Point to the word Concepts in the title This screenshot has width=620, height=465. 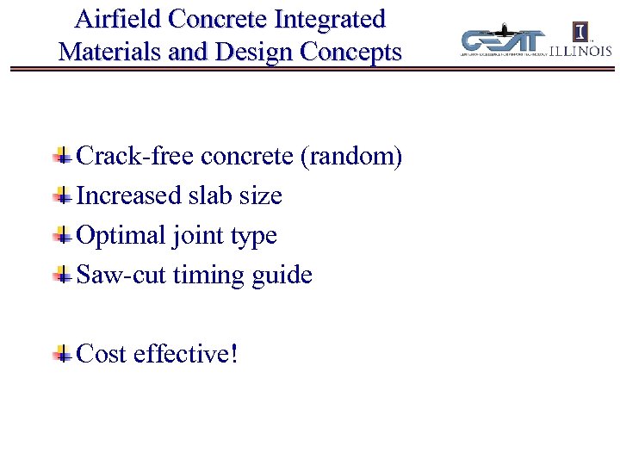[x=350, y=52]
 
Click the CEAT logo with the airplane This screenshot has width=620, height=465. [x=504, y=40]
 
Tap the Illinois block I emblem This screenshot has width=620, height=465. [x=582, y=32]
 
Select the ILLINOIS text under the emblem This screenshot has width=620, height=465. [x=582, y=51]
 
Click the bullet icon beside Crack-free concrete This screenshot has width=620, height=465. [x=61, y=156]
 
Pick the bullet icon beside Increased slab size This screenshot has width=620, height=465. [x=61, y=195]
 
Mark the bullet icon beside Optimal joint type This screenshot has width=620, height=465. [x=61, y=235]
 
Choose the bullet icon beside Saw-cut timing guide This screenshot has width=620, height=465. [x=61, y=275]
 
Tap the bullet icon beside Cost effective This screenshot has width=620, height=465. [x=61, y=353]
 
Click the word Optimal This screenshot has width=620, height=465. [x=121, y=235]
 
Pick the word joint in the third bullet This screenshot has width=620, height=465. [x=195, y=235]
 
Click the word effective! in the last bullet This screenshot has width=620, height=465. [x=185, y=353]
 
